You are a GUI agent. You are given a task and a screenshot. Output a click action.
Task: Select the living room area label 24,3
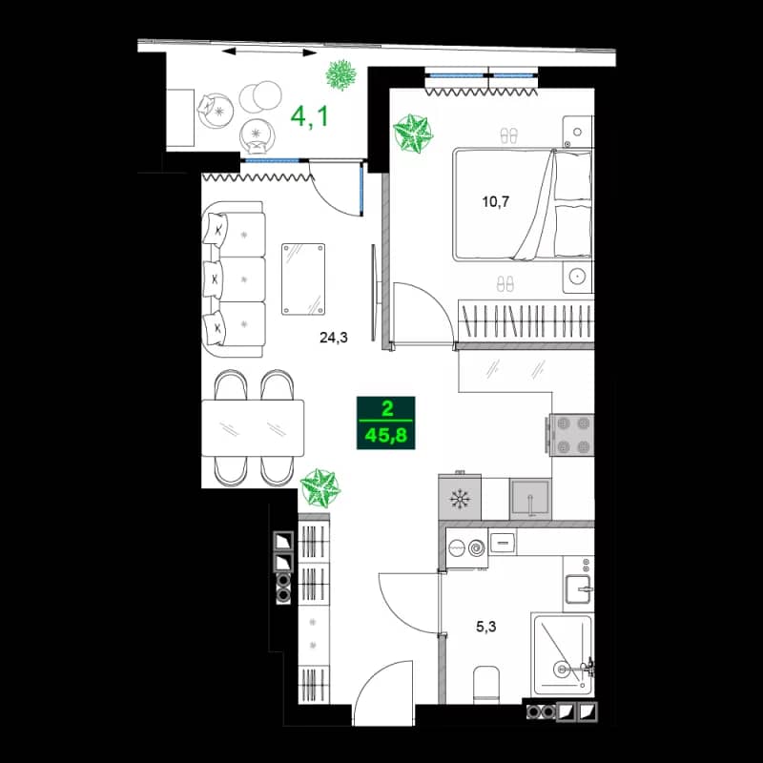point(334,336)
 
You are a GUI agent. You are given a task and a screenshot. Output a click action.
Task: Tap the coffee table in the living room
point(303,278)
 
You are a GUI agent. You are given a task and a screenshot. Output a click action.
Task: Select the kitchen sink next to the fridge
point(529,498)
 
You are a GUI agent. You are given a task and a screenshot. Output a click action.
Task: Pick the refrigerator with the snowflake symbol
point(460,498)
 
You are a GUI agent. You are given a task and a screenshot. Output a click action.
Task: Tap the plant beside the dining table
point(320,487)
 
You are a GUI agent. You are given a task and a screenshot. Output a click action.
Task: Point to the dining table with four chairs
point(253,427)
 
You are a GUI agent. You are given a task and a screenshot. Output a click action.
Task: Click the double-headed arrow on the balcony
point(256,51)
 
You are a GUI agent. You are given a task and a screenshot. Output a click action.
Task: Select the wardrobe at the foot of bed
point(526,319)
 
